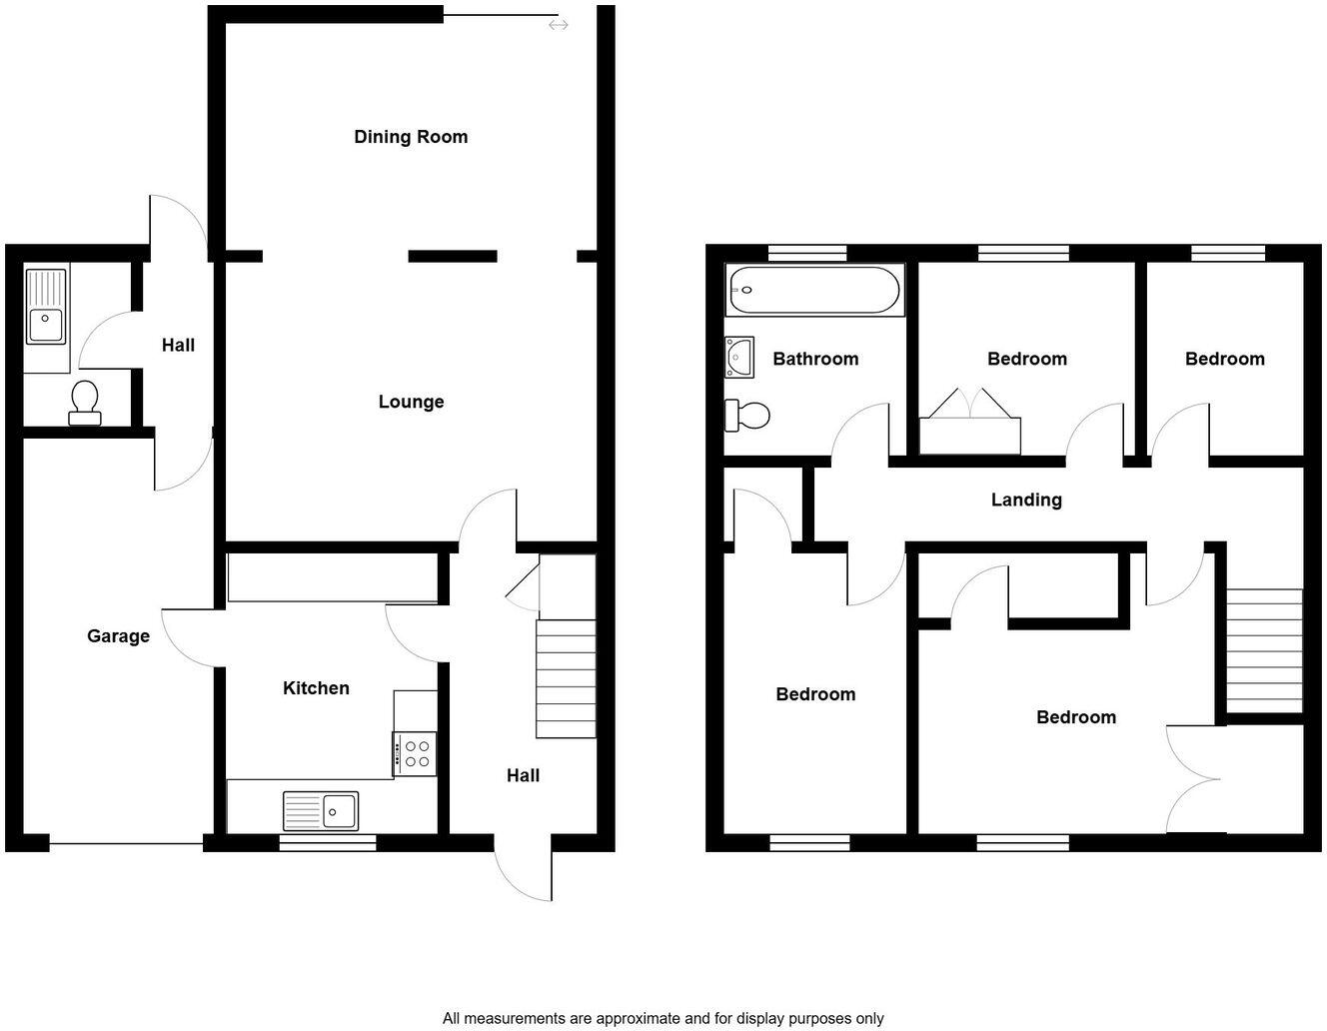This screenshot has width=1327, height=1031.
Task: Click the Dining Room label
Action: point(411,137)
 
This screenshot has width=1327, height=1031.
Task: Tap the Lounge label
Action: point(411,402)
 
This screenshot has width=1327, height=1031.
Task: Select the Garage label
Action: point(118,636)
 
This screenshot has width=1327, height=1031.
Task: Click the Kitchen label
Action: point(316,688)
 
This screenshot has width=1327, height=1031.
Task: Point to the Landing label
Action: point(1026,500)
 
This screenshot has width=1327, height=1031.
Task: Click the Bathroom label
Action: point(815,359)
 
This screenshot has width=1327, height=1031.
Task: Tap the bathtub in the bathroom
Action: point(814,290)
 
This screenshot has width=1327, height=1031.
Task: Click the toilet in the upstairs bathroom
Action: point(747,415)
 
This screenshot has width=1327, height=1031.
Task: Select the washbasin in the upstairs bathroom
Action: point(738,358)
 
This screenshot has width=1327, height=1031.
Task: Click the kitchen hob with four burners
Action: point(415,753)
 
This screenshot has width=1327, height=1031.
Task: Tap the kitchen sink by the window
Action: point(320,810)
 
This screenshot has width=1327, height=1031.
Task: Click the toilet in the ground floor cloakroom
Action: point(85,402)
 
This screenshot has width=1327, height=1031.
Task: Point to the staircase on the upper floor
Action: point(1264,649)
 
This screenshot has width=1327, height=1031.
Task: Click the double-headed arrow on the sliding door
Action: point(558,24)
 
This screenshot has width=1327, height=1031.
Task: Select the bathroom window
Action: point(807,253)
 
